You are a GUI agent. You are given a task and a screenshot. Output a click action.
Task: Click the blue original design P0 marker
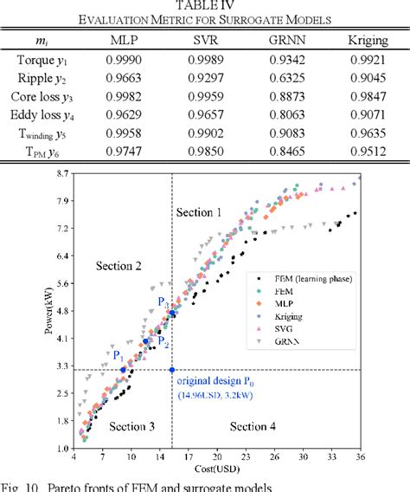pos(173,370)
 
